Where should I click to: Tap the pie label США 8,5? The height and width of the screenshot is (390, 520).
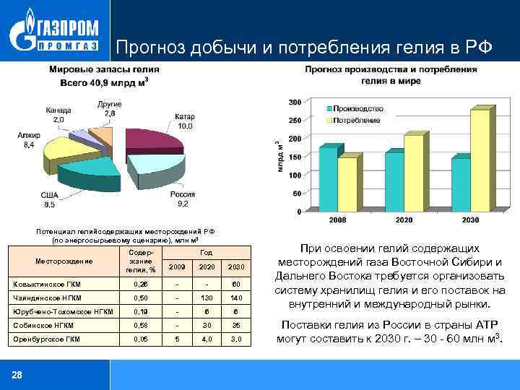(x=49, y=200)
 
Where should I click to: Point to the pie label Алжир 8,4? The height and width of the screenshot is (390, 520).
(x=28, y=140)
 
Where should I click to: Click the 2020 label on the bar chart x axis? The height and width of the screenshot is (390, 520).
(x=404, y=219)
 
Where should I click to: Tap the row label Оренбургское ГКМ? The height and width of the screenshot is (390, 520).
(x=48, y=338)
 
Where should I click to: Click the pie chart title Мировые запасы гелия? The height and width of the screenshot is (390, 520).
(x=104, y=69)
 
